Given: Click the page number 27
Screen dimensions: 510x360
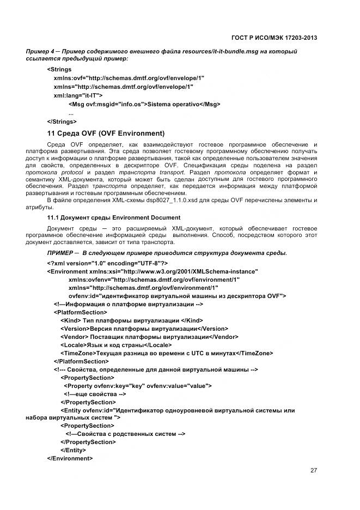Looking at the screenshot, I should tap(313, 471).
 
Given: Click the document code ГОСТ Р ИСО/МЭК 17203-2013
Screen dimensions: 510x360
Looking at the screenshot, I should tap(274, 38).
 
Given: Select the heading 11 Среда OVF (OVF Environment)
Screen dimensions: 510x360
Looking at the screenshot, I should tap(106, 133).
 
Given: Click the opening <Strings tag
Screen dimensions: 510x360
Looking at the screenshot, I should tap(59, 69).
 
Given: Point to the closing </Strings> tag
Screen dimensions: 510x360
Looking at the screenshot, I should tap(62, 122).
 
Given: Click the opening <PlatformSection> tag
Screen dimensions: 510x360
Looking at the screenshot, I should tap(80, 312).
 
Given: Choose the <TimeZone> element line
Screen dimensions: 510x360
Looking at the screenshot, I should tap(167, 353).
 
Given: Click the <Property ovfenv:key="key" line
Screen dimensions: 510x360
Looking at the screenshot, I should tap(137, 386).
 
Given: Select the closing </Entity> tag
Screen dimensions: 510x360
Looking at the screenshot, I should tap(73, 450).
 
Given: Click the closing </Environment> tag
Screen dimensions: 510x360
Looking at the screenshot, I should tap(70, 458).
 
